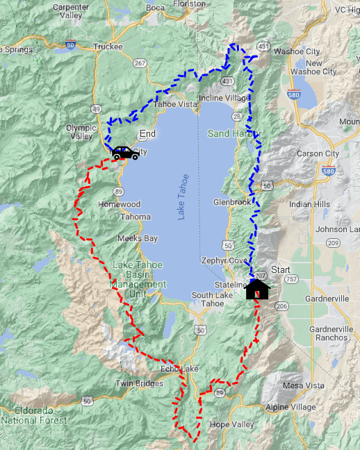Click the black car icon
tap(125, 153)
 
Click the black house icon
tap(258, 288)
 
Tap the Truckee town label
tap(107, 47)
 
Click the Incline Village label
tap(224, 99)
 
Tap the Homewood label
tap(119, 205)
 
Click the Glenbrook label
tap(232, 202)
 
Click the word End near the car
tap(147, 133)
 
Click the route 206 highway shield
tap(281, 306)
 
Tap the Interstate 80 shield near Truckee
tap(70, 44)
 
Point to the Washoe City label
tap(297, 51)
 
